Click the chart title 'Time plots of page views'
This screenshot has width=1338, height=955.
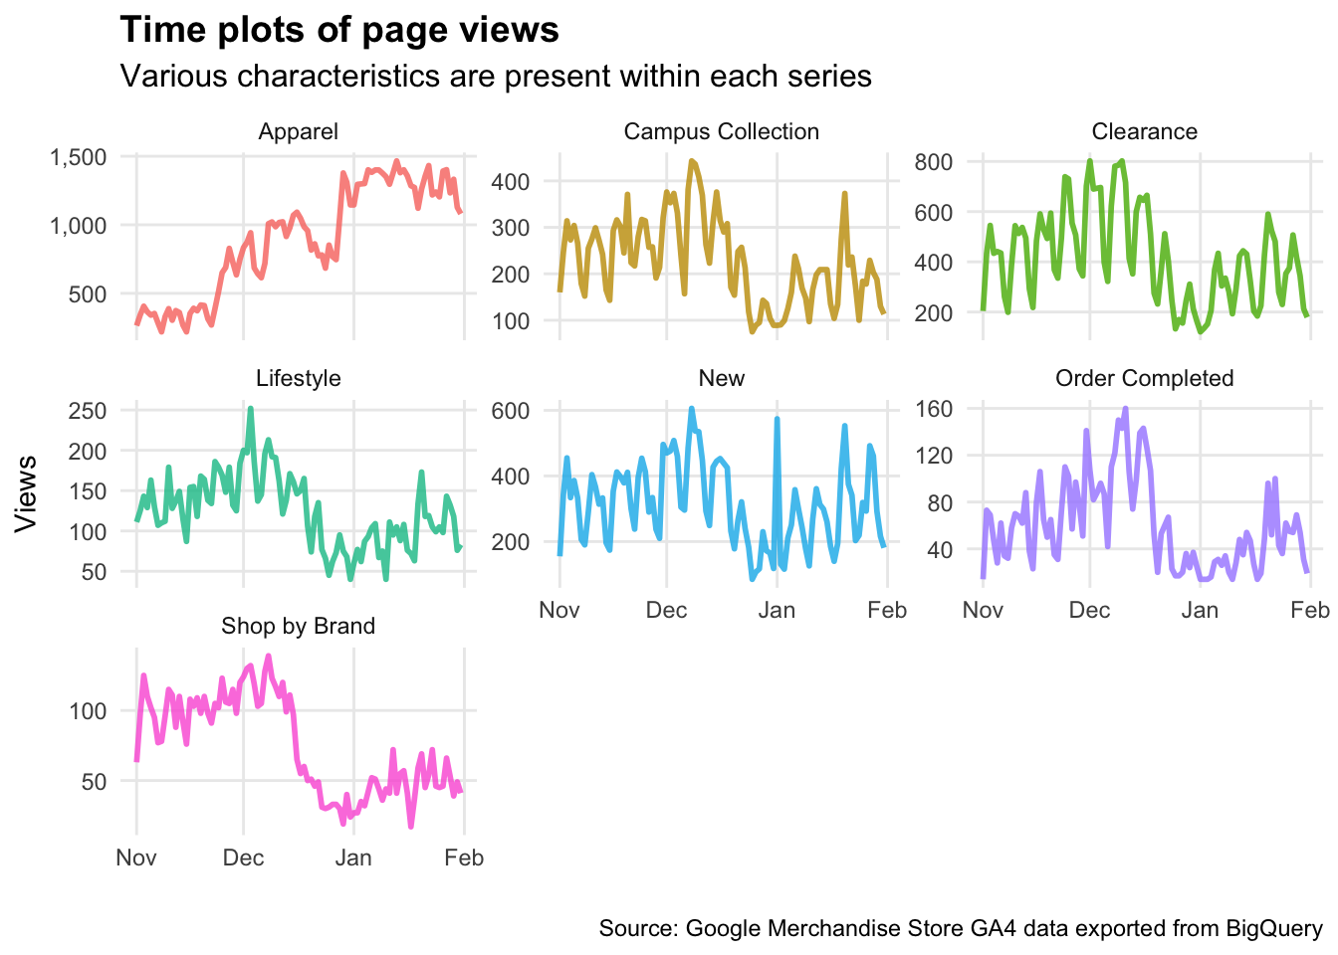tap(339, 30)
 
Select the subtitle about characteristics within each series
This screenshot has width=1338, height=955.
tap(496, 76)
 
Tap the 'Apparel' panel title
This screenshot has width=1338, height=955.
tap(298, 131)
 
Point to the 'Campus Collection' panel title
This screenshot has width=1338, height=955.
tap(721, 131)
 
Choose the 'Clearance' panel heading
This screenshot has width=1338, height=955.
tap(1144, 131)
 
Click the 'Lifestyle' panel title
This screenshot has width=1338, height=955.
tap(298, 378)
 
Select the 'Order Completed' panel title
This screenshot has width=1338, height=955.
tap(1144, 378)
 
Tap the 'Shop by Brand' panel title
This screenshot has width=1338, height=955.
tap(298, 626)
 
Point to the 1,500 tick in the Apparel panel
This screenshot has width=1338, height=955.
tap(78, 157)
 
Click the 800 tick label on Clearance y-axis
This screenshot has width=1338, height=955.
tap(934, 162)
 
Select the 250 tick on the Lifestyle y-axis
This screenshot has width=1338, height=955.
tap(88, 411)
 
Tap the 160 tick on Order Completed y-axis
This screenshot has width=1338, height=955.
tap(934, 409)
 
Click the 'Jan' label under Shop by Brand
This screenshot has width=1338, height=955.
tap(353, 858)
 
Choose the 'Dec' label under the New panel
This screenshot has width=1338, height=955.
tap(666, 610)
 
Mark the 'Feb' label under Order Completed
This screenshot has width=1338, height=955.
tap(1310, 610)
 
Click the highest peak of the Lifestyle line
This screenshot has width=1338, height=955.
tap(250, 408)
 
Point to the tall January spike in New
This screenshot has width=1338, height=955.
tap(777, 420)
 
